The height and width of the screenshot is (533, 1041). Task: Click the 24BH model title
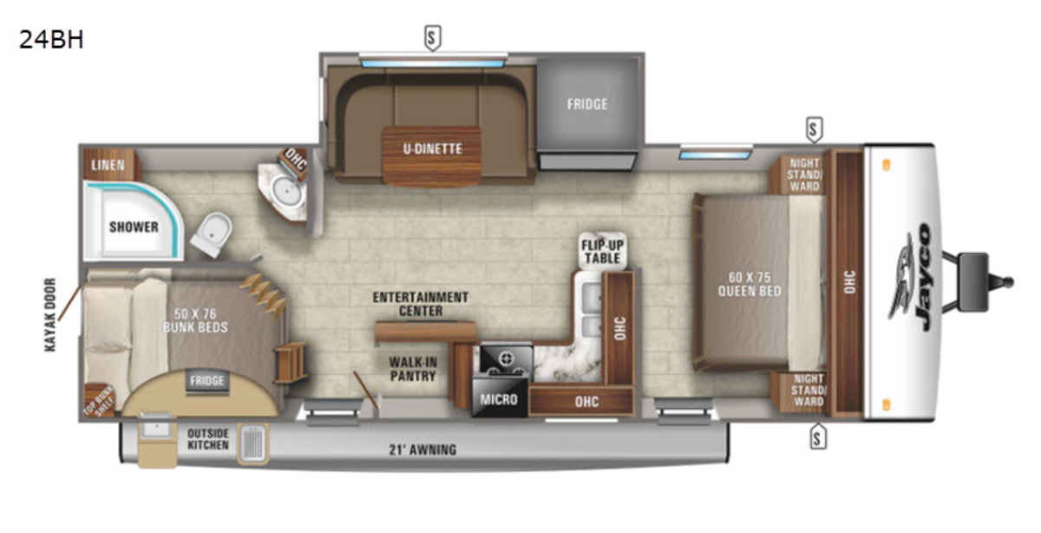(51, 40)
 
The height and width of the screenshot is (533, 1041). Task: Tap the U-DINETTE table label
(432, 148)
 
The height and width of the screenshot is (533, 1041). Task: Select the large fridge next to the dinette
(588, 113)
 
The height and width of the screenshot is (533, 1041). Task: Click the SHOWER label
(134, 227)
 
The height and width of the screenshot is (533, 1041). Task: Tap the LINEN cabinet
(109, 165)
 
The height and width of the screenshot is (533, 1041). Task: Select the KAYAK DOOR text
(50, 314)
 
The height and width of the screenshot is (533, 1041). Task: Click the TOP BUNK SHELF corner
(99, 400)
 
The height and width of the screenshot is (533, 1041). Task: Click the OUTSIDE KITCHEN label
(207, 439)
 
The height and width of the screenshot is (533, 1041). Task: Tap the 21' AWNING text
(422, 450)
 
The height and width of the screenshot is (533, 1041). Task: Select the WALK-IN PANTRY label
(413, 369)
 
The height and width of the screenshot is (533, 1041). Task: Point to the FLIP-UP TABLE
(603, 250)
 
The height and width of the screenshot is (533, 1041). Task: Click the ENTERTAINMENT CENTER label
(421, 304)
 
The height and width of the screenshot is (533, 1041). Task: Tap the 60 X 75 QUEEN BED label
(750, 284)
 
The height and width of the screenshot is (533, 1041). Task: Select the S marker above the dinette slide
(433, 37)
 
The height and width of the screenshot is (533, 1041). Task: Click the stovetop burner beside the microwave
(506, 359)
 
